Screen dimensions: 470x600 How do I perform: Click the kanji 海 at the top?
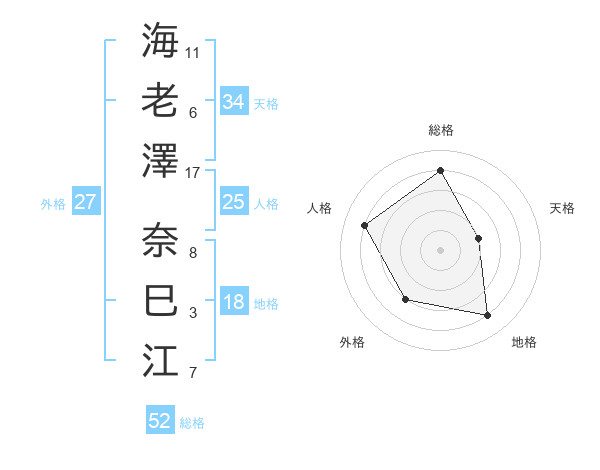click(x=160, y=41)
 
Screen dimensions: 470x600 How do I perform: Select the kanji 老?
click(x=160, y=101)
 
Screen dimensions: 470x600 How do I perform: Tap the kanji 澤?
click(x=160, y=161)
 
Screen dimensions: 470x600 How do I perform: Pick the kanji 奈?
click(x=160, y=239)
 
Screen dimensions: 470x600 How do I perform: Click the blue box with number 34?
click(x=233, y=102)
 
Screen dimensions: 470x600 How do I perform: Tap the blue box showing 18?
click(x=233, y=303)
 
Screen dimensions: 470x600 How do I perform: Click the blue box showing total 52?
click(x=160, y=421)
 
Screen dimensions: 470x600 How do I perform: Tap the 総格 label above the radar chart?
click(x=440, y=131)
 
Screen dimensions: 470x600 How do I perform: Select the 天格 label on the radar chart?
click(x=562, y=208)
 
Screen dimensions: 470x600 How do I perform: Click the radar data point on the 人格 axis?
click(x=365, y=225)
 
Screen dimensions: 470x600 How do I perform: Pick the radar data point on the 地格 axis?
click(x=488, y=316)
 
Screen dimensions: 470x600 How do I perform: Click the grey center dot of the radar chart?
click(x=440, y=249)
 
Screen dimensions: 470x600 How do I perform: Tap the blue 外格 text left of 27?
click(x=53, y=204)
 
